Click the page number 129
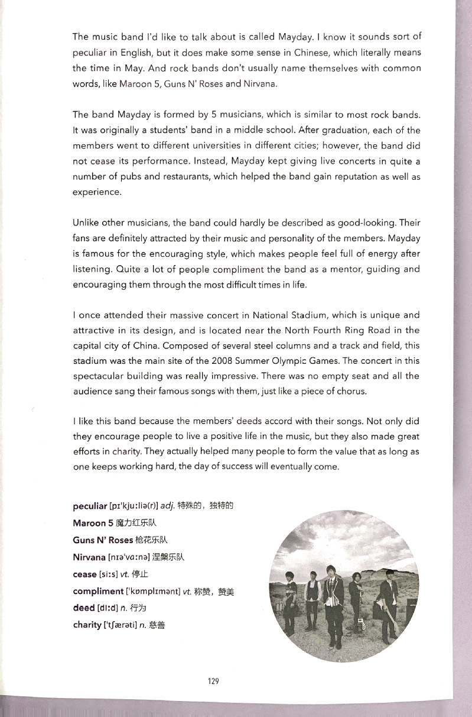(213, 682)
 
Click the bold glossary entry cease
(84, 574)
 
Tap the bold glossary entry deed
(83, 608)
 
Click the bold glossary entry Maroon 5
(93, 523)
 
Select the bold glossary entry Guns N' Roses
(102, 540)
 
